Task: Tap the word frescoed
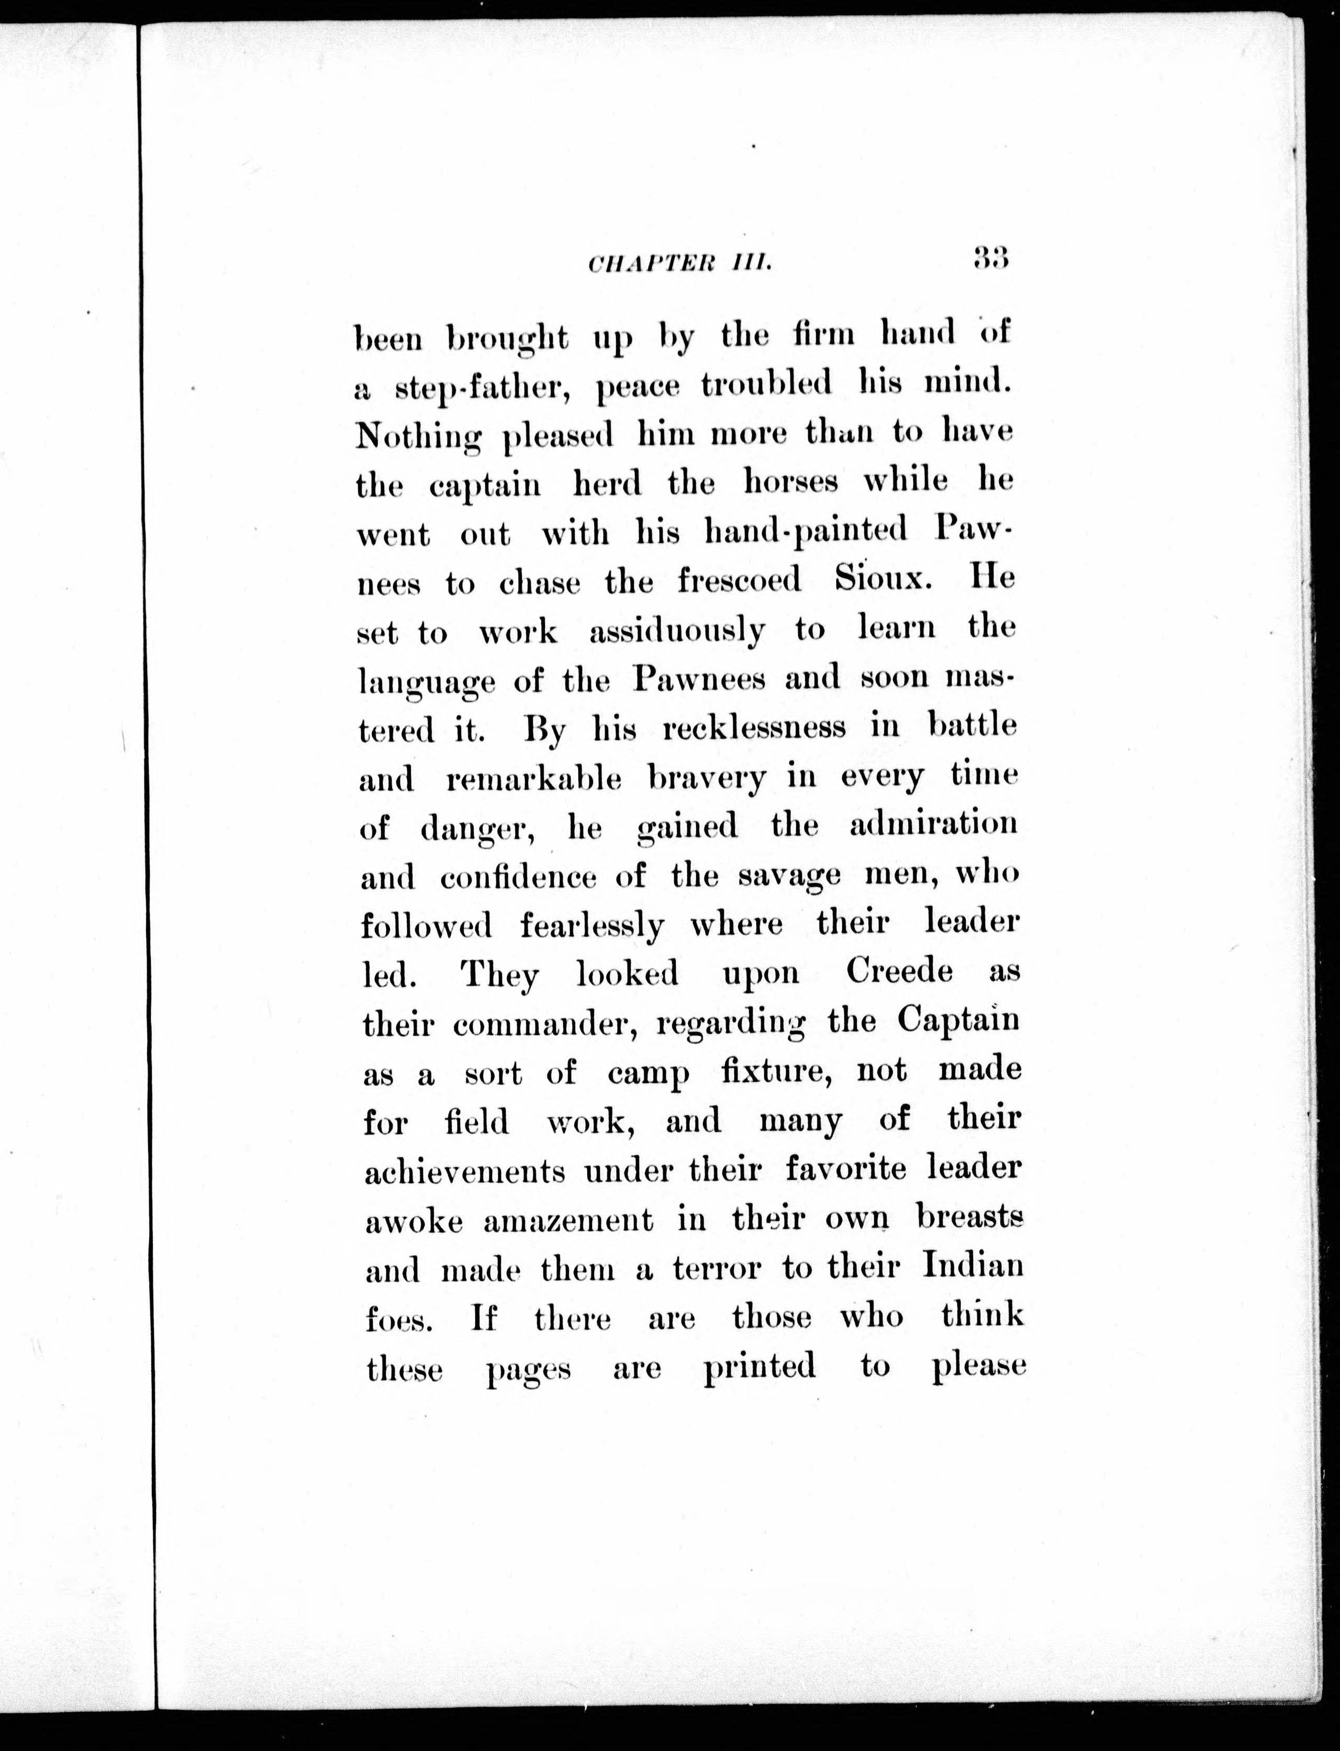(x=740, y=581)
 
